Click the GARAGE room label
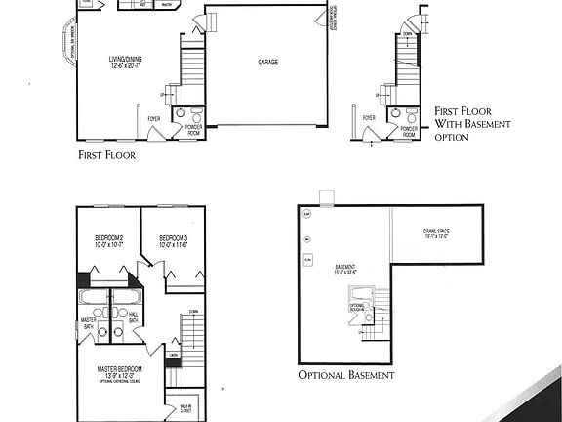tap(267, 63)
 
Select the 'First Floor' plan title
tap(106, 154)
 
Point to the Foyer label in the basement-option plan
tap(369, 118)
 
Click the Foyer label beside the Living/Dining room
tap(153, 119)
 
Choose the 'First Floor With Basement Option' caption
tap(466, 124)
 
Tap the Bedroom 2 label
tap(108, 241)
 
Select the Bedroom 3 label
tap(173, 241)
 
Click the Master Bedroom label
tap(118, 371)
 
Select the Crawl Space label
tap(436, 233)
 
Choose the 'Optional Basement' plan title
tap(346, 375)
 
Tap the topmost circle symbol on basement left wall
tap(306, 214)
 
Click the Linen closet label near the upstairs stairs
tap(172, 354)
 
